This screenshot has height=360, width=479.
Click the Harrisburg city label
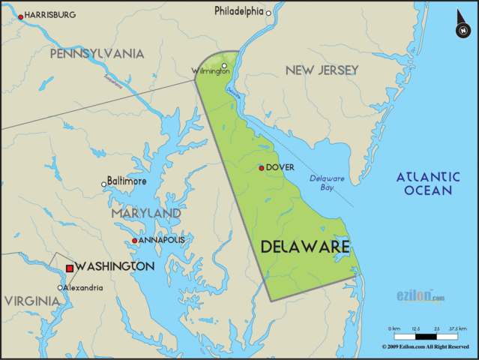pos(50,14)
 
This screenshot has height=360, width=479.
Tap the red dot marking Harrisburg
pos(20,15)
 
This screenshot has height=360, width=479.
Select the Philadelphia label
pos(239,11)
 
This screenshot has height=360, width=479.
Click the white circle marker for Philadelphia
pos(268,13)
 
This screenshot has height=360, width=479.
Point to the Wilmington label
pos(211,71)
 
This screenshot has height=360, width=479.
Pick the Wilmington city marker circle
pos(223,65)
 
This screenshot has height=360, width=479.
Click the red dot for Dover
pos(261,167)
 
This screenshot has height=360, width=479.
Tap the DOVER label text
pos(280,167)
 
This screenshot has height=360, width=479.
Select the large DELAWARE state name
pos(305,246)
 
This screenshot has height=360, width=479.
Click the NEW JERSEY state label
pos(322,70)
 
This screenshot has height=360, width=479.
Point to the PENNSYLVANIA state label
pos(97,54)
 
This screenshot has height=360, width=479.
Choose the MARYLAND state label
pos(146,214)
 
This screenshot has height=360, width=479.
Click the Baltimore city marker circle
pos(104,184)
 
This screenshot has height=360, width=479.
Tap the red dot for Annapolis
pos(134,241)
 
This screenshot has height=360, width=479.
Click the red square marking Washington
pos(70,267)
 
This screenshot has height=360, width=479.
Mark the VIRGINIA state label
pos(31,301)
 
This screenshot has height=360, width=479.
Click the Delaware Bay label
pos(327,183)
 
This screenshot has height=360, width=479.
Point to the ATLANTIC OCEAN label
pos(427,183)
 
